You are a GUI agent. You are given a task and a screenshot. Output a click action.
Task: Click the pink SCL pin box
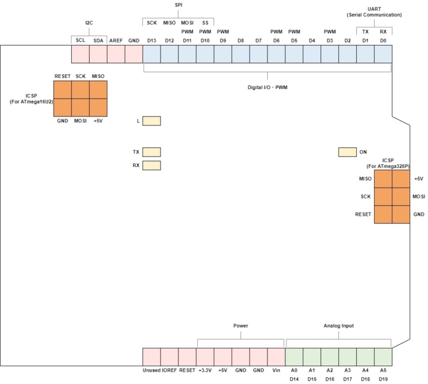pyautogui.click(x=80, y=54)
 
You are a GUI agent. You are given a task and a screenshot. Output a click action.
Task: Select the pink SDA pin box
pyautogui.click(x=98, y=54)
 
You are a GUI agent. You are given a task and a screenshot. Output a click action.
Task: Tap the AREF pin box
pyautogui.click(x=116, y=54)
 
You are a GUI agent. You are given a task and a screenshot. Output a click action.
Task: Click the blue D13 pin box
pyautogui.click(x=152, y=54)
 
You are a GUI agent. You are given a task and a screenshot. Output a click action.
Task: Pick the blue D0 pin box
pyautogui.click(x=383, y=54)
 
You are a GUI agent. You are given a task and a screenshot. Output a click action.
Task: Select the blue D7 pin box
pyautogui.click(x=258, y=54)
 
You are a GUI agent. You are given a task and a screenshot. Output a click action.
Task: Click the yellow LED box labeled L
pyautogui.click(x=152, y=121)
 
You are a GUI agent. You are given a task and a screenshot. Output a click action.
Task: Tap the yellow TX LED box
pyautogui.click(x=152, y=152)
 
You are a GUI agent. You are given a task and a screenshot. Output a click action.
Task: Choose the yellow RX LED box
pyautogui.click(x=152, y=166)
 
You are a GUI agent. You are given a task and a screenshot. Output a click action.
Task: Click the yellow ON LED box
pyautogui.click(x=347, y=152)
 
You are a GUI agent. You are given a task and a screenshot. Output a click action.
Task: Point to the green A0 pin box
pyautogui.click(x=294, y=356)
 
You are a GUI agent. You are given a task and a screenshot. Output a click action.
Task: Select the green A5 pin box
pyautogui.click(x=383, y=356)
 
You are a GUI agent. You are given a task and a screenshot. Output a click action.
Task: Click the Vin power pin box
pyautogui.click(x=276, y=356)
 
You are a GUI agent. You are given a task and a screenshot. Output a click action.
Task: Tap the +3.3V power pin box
pyautogui.click(x=205, y=356)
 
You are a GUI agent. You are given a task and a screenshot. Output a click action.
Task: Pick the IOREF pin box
pyautogui.click(x=169, y=356)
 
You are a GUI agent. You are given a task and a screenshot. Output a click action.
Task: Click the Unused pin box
pyautogui.click(x=152, y=356)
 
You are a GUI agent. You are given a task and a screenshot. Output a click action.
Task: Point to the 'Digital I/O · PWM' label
pyautogui.click(x=267, y=87)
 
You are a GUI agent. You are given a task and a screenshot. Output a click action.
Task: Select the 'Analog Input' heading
pyautogui.click(x=338, y=325)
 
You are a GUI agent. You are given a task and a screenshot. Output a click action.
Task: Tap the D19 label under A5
pyautogui.click(x=383, y=379)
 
